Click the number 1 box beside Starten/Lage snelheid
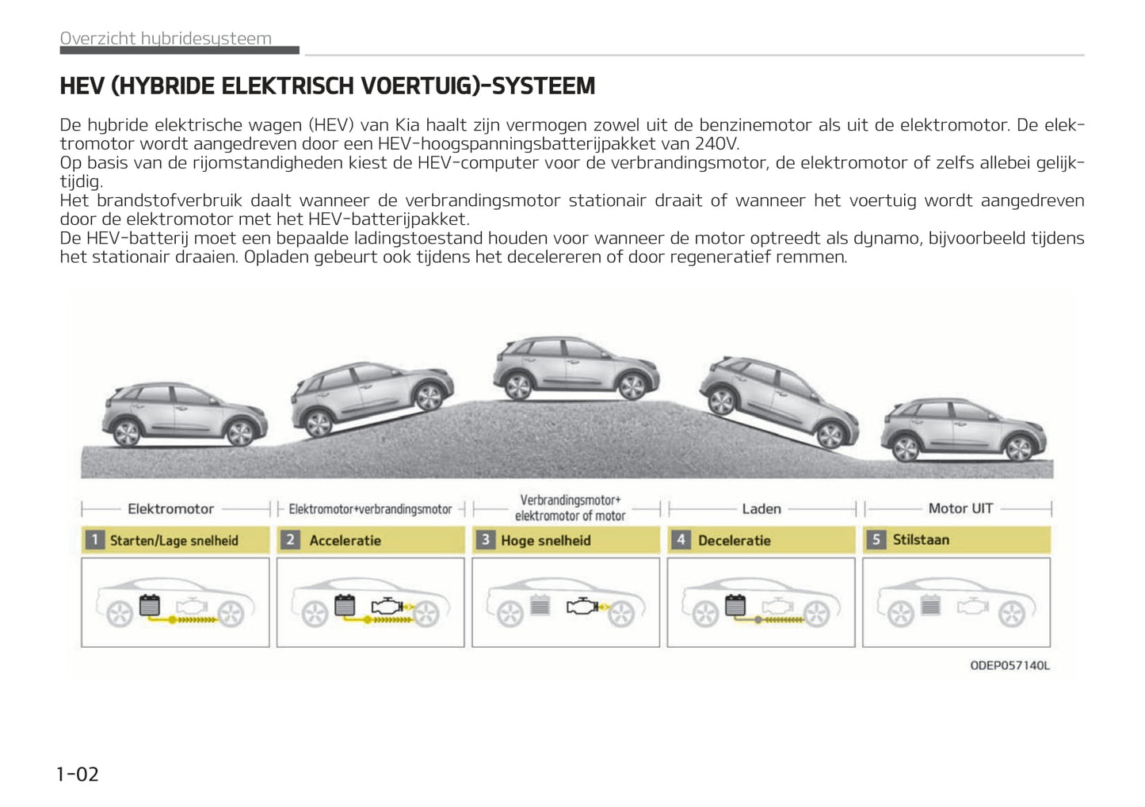94,540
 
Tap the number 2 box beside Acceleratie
290,540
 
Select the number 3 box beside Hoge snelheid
485,540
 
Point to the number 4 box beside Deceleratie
680,540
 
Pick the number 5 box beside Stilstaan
876,539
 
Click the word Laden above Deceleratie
761,508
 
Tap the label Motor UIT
960,508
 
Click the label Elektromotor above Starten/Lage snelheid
170,508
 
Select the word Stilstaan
921,539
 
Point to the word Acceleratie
345,540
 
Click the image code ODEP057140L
1010,665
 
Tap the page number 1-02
78,774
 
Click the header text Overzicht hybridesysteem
166,38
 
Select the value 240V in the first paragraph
716,143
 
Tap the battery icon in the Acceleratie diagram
345,606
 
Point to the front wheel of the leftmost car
239,432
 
